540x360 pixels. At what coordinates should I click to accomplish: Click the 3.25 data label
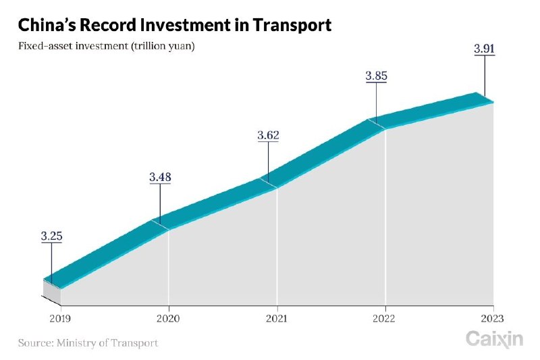(51, 236)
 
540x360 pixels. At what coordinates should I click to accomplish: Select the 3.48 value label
(160, 178)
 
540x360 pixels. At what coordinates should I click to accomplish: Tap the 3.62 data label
(268, 136)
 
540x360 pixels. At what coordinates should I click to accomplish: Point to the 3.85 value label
(376, 76)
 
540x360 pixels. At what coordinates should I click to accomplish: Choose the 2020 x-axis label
(168, 318)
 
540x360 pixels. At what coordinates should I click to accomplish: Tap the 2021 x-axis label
(277, 318)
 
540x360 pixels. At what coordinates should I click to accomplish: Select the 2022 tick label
(385, 318)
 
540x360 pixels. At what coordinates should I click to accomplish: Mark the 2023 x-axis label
(493, 318)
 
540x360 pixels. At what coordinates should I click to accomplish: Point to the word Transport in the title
(292, 26)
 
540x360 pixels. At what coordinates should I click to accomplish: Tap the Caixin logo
(494, 339)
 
